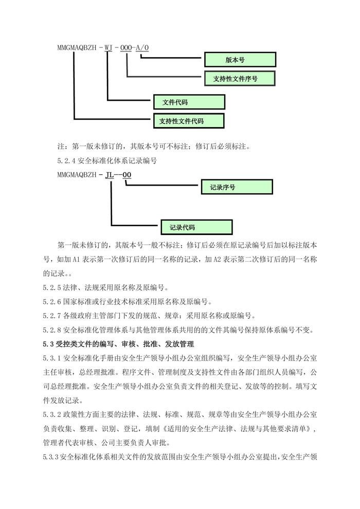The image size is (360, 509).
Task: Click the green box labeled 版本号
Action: [240, 60]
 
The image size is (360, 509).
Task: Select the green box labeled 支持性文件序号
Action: [240, 78]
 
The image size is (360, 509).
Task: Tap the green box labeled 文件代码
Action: [189, 102]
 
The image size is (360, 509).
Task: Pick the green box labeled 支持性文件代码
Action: [189, 121]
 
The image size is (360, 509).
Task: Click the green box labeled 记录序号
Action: [237, 187]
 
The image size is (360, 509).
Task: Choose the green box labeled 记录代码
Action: [197, 227]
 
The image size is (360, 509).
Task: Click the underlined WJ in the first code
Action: [109, 48]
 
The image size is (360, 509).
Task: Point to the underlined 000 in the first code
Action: [126, 48]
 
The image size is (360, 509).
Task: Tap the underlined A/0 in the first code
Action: [142, 48]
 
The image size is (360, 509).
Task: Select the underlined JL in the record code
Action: [110, 175]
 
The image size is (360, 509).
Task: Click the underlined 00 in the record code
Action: [127, 175]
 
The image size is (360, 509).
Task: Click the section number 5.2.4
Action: [66, 161]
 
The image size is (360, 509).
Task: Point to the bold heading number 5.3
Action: [48, 344]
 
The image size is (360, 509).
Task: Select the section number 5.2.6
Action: [52, 302]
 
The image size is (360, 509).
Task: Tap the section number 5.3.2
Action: [52, 414]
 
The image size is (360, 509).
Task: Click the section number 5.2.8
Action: [52, 330]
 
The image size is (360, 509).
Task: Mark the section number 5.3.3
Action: [50, 457]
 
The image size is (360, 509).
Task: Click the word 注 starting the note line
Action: [61, 147]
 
